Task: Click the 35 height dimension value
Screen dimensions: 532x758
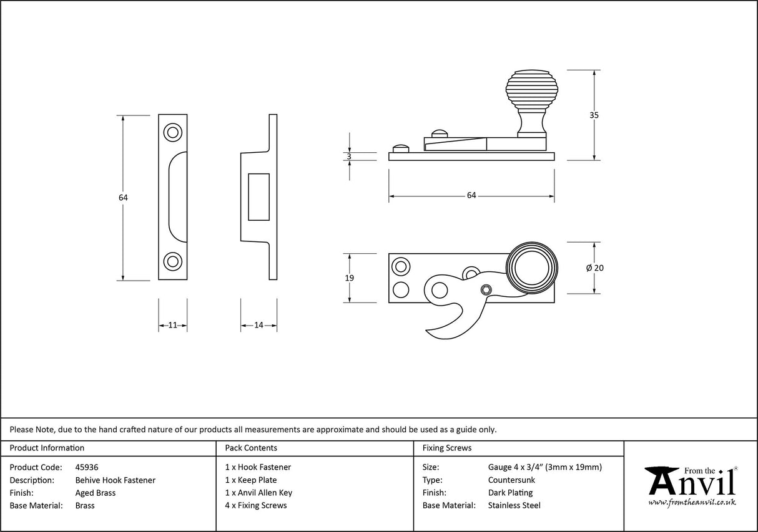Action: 594,115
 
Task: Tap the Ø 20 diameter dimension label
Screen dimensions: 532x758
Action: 594,268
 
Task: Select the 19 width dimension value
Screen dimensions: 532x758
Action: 349,278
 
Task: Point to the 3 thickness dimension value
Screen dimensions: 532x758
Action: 349,157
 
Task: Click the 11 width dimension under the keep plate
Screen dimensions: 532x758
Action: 173,325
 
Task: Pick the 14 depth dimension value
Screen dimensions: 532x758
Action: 259,325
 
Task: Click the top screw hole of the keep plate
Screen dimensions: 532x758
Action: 172,132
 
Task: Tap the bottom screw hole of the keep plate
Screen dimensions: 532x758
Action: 172,261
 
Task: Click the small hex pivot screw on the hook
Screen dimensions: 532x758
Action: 486,289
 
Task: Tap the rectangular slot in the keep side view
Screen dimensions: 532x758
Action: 258,196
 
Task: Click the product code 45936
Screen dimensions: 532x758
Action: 87,467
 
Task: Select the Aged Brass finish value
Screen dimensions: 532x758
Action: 95,493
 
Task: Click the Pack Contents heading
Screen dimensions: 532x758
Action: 251,448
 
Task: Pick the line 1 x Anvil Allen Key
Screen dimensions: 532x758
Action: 258,493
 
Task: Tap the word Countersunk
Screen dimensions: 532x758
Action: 511,480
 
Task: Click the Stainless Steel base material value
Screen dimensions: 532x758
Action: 514,506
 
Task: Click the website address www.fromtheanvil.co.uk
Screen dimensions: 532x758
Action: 692,502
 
